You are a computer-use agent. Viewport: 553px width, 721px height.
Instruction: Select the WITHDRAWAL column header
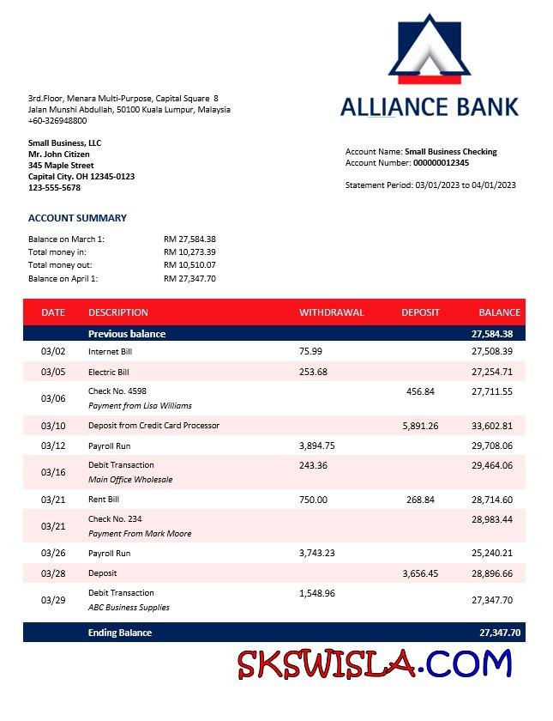pos(331,312)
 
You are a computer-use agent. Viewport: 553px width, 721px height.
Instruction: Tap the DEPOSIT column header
pos(420,312)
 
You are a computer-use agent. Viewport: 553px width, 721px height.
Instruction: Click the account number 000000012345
pos(441,162)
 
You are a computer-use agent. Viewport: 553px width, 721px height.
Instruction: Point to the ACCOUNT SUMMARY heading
pos(77,218)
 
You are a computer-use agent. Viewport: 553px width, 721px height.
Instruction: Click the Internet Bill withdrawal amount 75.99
pos(310,352)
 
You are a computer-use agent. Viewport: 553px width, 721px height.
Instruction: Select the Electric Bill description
pos(109,373)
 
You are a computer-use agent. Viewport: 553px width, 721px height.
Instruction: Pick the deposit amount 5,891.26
pos(420,426)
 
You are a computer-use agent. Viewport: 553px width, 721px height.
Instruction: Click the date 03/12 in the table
pos(53,446)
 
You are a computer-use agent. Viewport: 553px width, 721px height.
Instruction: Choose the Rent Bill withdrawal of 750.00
pos(313,500)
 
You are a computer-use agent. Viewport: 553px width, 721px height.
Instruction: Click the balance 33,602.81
pos(492,426)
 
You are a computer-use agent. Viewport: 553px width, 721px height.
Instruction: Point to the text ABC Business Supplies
pos(129,608)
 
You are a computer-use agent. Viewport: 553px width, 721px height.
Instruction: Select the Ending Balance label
pos(120,633)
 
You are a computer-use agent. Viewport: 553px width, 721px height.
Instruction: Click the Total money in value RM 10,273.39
pos(189,252)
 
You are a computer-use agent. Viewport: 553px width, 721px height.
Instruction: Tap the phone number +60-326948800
pos(57,121)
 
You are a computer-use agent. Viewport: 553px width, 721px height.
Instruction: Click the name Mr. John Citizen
pos(59,154)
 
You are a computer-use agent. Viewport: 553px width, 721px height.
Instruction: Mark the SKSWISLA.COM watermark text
pos(375,664)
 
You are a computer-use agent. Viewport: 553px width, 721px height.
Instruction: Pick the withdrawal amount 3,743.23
pos(317,554)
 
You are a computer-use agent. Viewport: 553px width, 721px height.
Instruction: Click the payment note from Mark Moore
pos(140,534)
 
